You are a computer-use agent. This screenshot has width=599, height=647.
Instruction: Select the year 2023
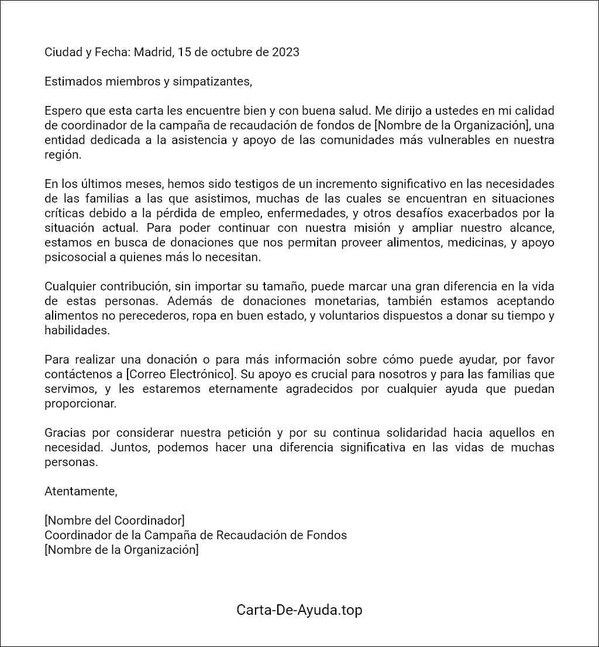coord(285,52)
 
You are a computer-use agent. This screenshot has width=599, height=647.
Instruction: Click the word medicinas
coord(474,242)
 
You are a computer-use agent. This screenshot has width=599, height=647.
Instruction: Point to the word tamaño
coord(283,286)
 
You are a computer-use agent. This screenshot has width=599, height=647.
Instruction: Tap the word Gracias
coord(65,433)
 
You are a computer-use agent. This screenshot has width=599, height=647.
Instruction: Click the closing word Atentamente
coord(81,491)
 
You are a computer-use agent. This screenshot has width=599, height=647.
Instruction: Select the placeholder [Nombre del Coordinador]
coord(115,521)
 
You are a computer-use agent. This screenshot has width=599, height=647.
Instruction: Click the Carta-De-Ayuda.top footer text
coord(299,610)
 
